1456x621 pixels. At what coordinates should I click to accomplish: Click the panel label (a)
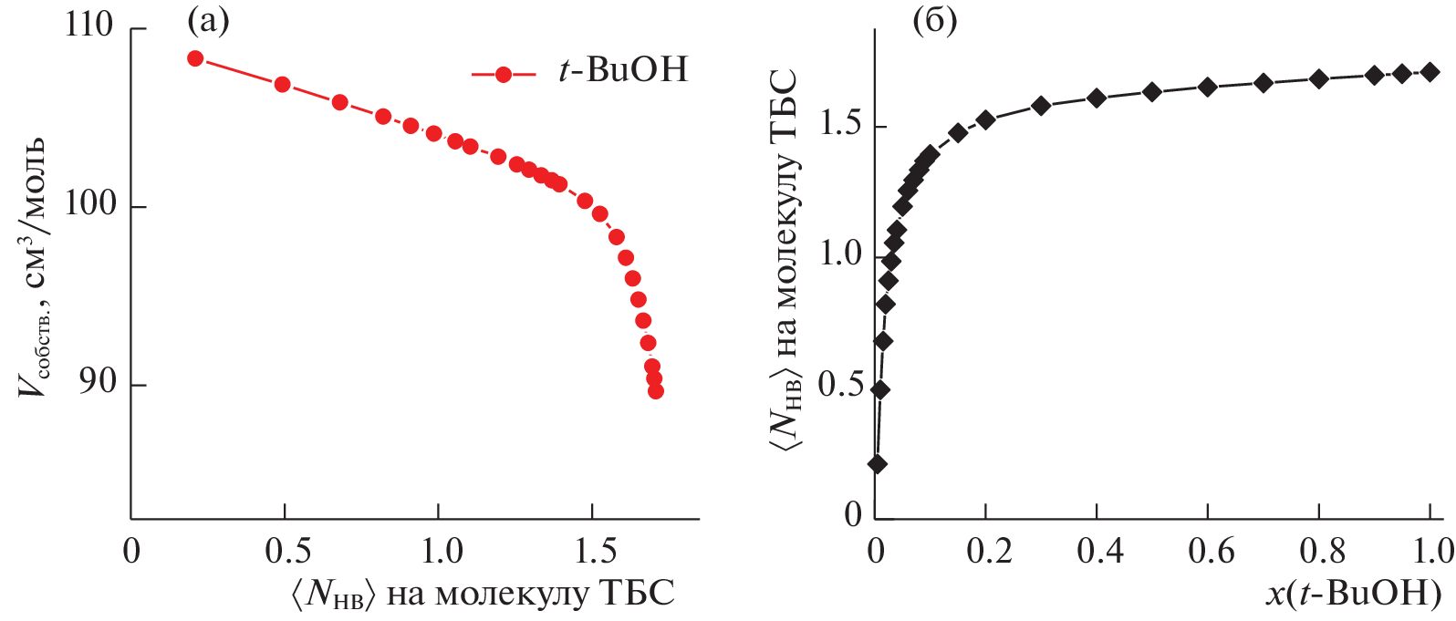click(x=208, y=20)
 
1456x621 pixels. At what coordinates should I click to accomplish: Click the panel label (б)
click(x=935, y=20)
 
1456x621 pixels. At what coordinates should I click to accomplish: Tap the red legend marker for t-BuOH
click(x=503, y=74)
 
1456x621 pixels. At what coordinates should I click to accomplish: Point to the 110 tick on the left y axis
click(x=88, y=25)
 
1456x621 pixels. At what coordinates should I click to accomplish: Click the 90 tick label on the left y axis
click(x=98, y=381)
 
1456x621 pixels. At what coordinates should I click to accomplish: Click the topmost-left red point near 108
click(x=195, y=58)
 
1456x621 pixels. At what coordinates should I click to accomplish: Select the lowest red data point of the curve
click(x=655, y=391)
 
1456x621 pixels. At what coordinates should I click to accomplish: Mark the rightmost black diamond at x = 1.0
click(x=1430, y=72)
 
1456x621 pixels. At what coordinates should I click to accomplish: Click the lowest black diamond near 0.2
click(x=878, y=464)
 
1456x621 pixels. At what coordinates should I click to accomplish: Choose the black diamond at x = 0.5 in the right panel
click(x=1152, y=92)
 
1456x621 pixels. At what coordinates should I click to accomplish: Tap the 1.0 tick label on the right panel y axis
click(x=839, y=254)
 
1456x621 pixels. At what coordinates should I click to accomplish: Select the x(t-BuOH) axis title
click(x=1354, y=595)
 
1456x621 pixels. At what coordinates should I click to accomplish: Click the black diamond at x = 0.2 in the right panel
click(x=985, y=119)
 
